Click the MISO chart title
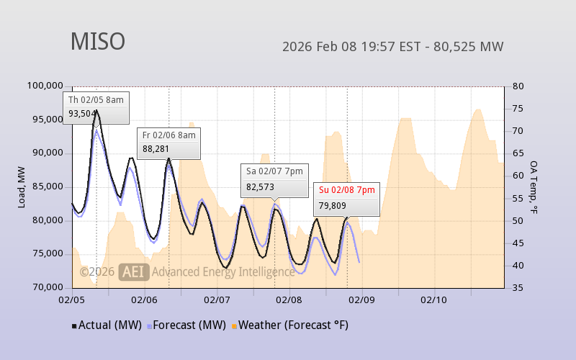(x=97, y=42)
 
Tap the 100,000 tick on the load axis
(x=45, y=86)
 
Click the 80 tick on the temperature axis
(x=518, y=86)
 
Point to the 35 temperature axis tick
(x=518, y=287)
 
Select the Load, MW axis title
(x=22, y=186)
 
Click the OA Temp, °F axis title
(x=534, y=187)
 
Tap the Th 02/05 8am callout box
(x=96, y=107)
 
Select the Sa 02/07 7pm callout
(x=274, y=179)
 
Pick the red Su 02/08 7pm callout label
(x=346, y=191)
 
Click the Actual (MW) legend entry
(x=106, y=325)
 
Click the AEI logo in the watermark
(x=135, y=272)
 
